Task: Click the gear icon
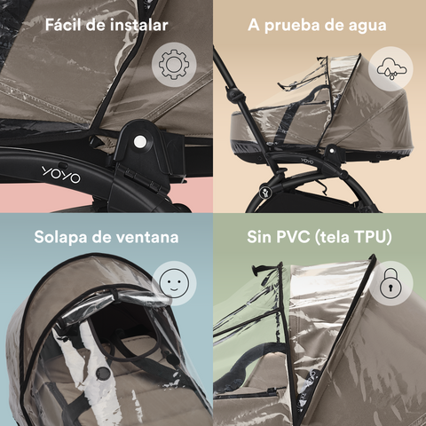(x=174, y=65)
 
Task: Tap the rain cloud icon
(x=391, y=69)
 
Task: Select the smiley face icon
(x=174, y=283)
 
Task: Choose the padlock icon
(x=390, y=283)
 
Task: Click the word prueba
(x=293, y=26)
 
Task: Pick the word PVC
(x=293, y=237)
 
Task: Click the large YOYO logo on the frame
(x=61, y=175)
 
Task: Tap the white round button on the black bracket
(x=139, y=142)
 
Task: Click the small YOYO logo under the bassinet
(x=307, y=162)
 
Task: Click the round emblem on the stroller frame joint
(x=265, y=193)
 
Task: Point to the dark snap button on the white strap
(x=103, y=374)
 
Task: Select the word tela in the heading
(x=335, y=237)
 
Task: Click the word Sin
(x=259, y=237)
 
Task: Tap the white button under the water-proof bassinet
(x=332, y=151)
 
